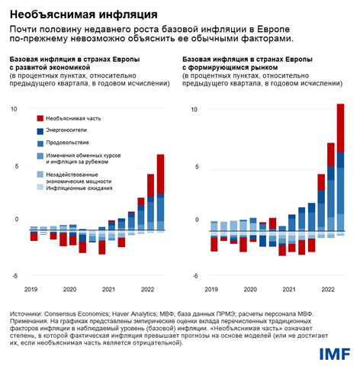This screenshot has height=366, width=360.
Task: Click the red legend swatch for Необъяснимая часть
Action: click(x=40, y=118)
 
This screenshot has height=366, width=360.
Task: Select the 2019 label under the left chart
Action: click(x=30, y=290)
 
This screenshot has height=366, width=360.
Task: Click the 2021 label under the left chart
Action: click(x=109, y=290)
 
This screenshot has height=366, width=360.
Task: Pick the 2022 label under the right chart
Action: click(x=328, y=290)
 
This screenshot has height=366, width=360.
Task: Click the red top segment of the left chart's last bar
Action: click(x=160, y=174)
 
